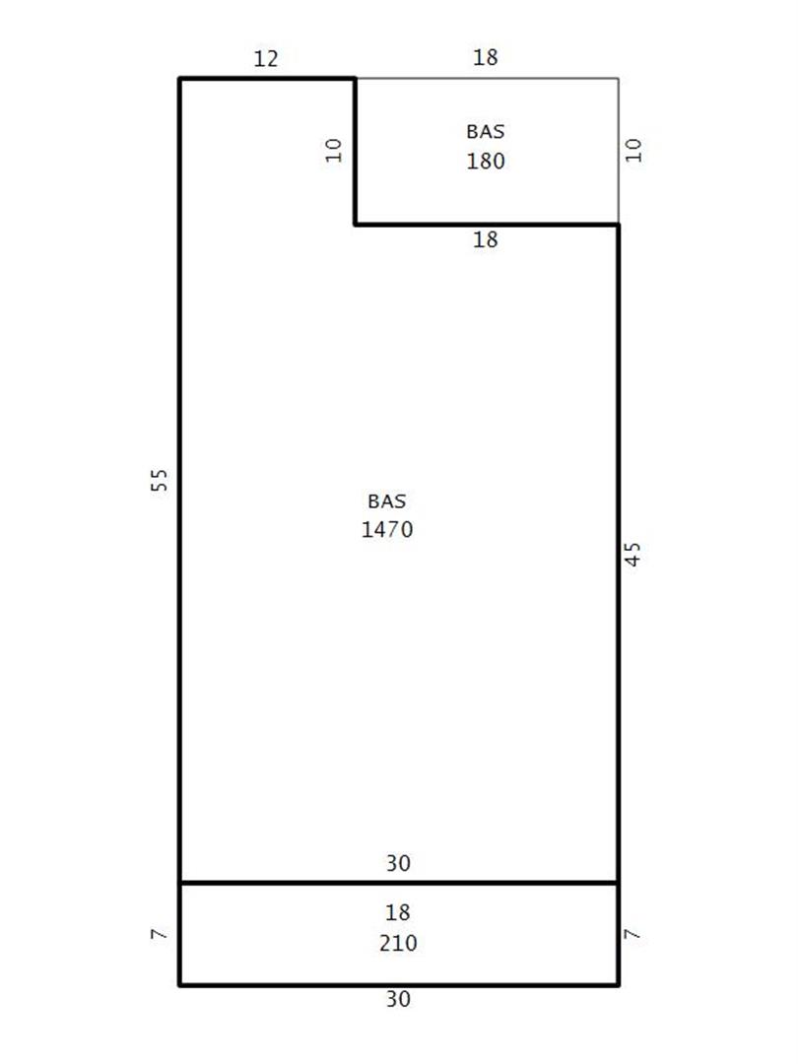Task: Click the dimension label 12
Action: (266, 58)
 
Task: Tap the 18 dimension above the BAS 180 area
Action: (485, 57)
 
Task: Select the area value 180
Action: (485, 161)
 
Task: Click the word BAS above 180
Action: (485, 132)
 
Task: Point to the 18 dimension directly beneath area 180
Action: (485, 239)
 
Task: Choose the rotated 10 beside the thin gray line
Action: (633, 150)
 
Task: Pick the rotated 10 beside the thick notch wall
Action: (333, 150)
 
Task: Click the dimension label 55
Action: (158, 480)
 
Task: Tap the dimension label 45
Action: (632, 554)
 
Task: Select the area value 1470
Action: (387, 529)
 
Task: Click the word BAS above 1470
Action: (387, 500)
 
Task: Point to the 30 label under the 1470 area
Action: (398, 863)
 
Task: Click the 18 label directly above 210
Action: (398, 912)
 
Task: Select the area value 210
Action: (398, 943)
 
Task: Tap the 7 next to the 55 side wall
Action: (158, 934)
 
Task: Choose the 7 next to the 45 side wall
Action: (632, 934)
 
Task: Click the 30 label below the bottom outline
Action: (398, 999)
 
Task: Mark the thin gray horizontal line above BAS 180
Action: (487, 79)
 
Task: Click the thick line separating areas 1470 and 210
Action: (399, 883)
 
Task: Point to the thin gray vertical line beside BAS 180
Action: (618, 151)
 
